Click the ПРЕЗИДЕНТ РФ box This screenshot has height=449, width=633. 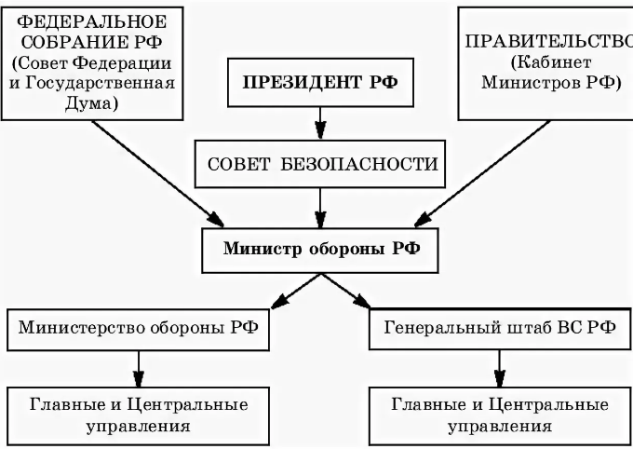(x=320, y=81)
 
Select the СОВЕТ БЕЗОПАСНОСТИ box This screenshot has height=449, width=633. (x=320, y=163)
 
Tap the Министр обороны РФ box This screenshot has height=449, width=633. (x=320, y=249)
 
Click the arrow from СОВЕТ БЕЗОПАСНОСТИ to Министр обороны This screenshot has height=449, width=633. (x=320, y=206)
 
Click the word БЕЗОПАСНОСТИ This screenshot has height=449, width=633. (x=370, y=164)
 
